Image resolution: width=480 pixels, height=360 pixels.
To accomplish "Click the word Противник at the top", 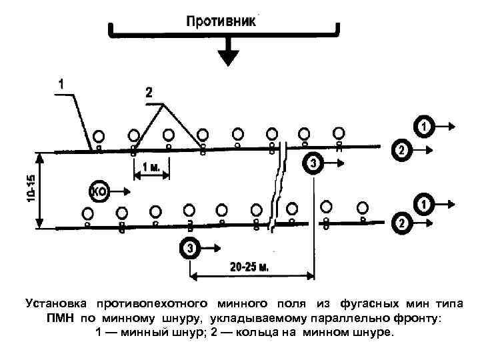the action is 220,21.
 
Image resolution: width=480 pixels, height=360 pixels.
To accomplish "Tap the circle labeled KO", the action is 99,192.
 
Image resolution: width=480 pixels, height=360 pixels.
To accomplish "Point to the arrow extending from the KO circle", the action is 123,192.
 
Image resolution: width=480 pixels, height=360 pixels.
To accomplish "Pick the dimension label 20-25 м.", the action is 249,268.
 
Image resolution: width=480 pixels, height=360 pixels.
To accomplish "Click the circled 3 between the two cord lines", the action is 313,163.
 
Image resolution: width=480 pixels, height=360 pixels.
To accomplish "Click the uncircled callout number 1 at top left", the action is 61,85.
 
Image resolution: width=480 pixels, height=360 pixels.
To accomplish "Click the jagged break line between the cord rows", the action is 277,190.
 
